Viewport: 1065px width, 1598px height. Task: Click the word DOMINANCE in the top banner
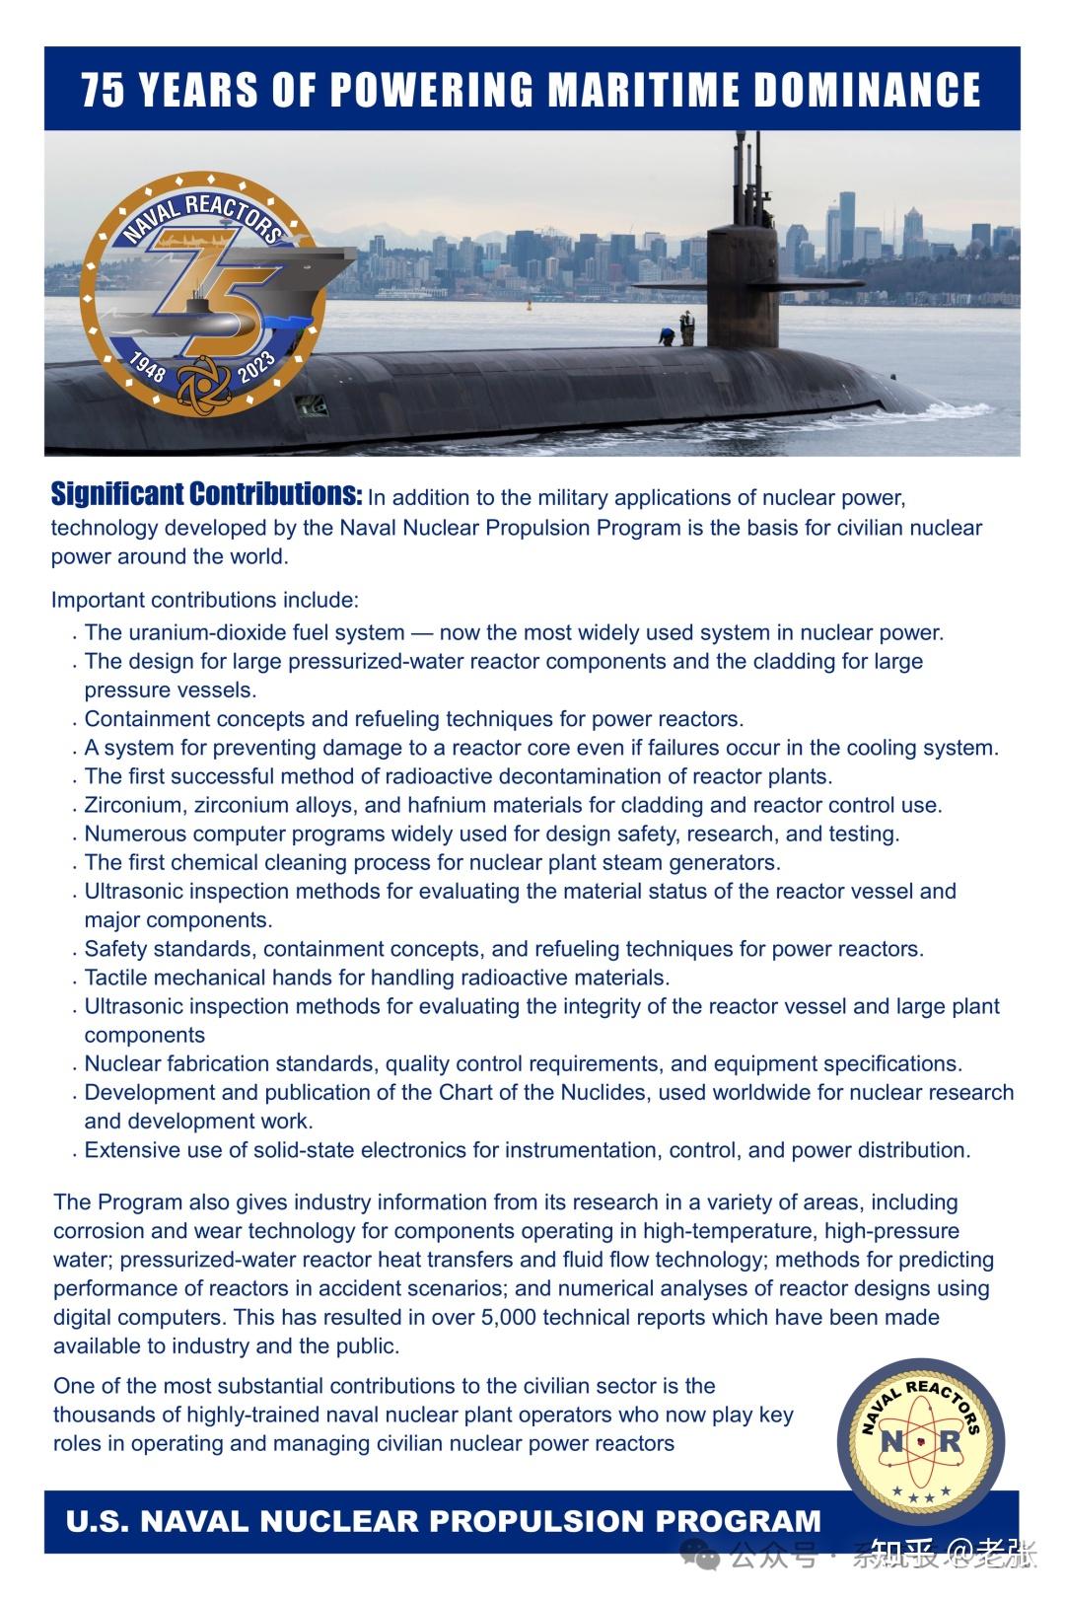click(x=867, y=90)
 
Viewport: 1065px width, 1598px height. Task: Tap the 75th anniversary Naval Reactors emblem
click(x=204, y=295)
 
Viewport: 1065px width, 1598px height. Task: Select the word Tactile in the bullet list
click(x=116, y=978)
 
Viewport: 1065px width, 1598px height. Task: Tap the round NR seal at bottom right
click(x=920, y=1441)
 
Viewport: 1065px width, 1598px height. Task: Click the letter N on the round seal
click(x=890, y=1442)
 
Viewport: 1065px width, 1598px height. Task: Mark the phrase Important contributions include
click(x=205, y=600)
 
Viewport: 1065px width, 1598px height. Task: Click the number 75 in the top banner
click(x=103, y=90)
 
